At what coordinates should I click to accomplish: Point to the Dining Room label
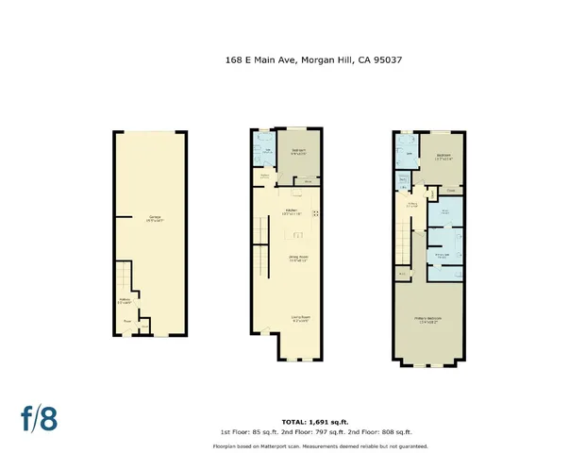(298, 258)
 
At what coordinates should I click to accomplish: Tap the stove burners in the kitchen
(316, 214)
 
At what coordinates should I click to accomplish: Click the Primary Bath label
(442, 256)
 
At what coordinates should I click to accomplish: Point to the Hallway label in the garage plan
(125, 303)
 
